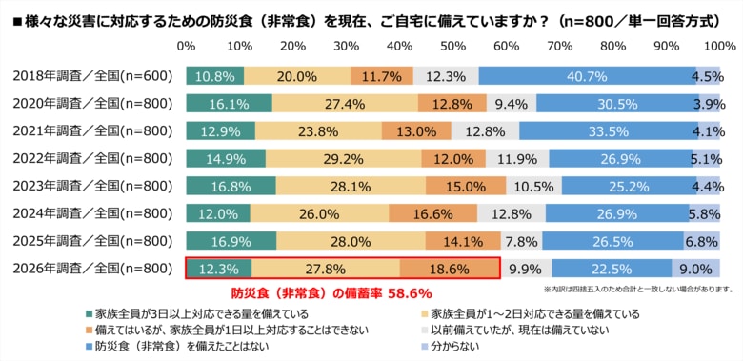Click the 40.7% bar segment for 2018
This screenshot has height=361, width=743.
(x=587, y=76)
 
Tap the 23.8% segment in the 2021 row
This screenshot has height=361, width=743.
(x=318, y=130)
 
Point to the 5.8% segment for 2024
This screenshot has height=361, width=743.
(x=705, y=213)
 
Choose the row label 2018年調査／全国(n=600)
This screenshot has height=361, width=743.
(x=93, y=76)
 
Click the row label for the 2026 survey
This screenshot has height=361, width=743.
(x=93, y=269)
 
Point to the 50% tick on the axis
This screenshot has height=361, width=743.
(x=453, y=47)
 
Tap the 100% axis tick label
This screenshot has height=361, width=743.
(x=718, y=47)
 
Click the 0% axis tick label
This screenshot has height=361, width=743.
(x=187, y=47)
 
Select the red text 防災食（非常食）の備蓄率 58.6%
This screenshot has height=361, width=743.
(x=332, y=293)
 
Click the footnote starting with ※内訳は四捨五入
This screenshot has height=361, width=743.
(x=637, y=289)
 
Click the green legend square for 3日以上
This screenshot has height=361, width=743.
(x=90, y=312)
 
